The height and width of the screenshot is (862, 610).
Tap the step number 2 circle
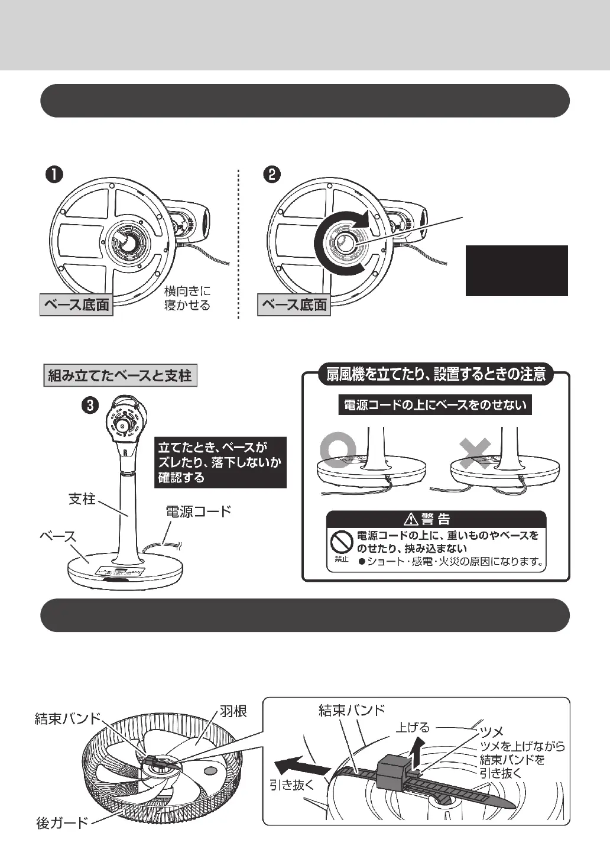(x=272, y=174)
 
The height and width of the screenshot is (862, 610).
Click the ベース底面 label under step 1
(x=76, y=305)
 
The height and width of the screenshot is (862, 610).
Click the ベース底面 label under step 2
(x=294, y=305)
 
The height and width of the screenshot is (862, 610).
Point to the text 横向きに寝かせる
(x=187, y=298)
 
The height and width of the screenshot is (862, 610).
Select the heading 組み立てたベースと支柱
(x=120, y=375)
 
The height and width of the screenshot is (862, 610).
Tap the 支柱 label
(x=82, y=499)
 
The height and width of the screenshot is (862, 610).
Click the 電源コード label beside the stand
(x=198, y=511)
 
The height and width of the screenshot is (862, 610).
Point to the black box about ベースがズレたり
(x=220, y=462)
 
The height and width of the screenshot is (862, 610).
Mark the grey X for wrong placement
(x=476, y=453)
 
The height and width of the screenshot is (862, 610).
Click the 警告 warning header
(x=436, y=519)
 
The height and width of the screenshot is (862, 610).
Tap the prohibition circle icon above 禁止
(x=341, y=540)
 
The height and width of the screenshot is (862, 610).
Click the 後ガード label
(x=62, y=822)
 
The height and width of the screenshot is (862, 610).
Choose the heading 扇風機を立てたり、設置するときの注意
(x=435, y=374)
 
